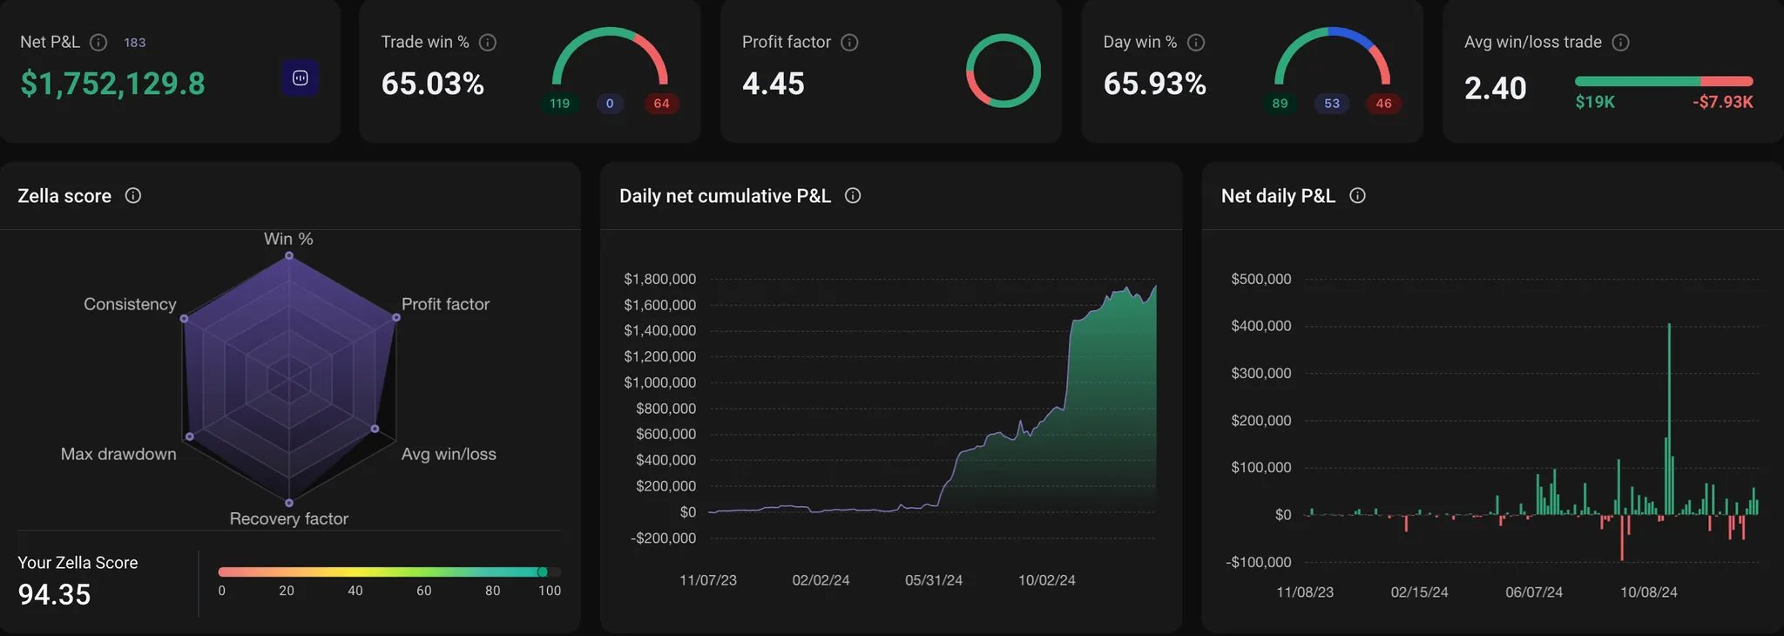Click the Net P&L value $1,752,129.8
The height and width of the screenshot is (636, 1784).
pyautogui.click(x=112, y=84)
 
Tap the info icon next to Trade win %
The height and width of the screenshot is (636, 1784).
pyautogui.click(x=488, y=42)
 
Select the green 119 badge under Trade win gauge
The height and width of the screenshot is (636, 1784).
pyautogui.click(x=559, y=104)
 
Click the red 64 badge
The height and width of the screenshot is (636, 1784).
pyautogui.click(x=661, y=104)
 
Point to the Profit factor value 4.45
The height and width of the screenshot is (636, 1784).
pyautogui.click(x=773, y=84)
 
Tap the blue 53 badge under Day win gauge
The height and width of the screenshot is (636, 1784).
pyautogui.click(x=1331, y=104)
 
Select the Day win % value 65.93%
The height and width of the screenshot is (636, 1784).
pyautogui.click(x=1154, y=84)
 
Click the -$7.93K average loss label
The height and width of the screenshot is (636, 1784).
pyautogui.click(x=1722, y=102)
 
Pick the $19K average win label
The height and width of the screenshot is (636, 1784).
pyautogui.click(x=1594, y=102)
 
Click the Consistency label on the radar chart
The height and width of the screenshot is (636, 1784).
pyautogui.click(x=130, y=304)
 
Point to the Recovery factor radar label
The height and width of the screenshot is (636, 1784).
pyautogui.click(x=288, y=518)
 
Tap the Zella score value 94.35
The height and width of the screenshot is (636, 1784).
pyautogui.click(x=54, y=594)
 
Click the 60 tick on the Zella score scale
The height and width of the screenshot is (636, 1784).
pyautogui.click(x=423, y=591)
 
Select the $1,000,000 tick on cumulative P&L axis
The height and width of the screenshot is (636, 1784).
pyautogui.click(x=659, y=382)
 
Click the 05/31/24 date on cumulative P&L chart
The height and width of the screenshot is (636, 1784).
pyautogui.click(x=933, y=580)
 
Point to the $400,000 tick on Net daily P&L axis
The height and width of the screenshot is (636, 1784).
pyautogui.click(x=1260, y=326)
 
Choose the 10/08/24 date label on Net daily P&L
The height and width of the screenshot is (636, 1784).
pyautogui.click(x=1648, y=592)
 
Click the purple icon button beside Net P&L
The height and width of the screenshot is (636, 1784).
pyautogui.click(x=300, y=78)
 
